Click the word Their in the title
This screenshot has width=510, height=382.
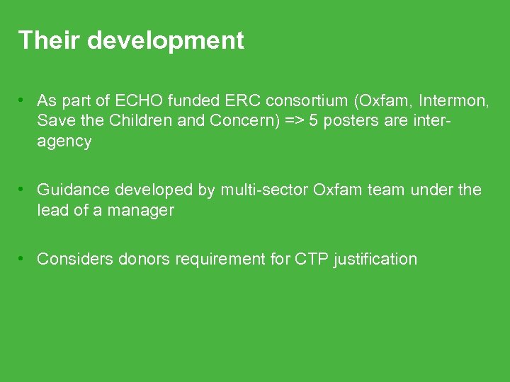click(49, 40)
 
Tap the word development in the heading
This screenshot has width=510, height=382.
click(165, 40)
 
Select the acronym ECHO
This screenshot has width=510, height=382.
click(149, 100)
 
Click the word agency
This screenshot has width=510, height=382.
click(64, 141)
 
